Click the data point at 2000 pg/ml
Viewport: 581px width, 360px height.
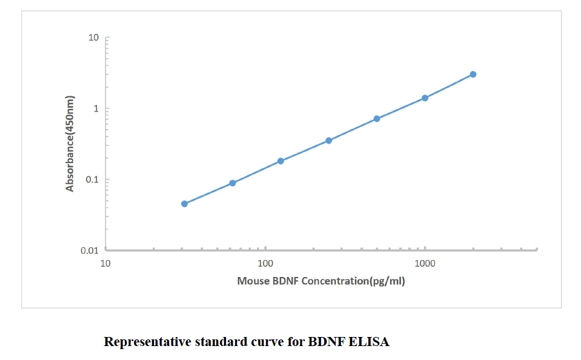[x=473, y=75]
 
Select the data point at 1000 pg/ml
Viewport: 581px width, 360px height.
[x=425, y=98]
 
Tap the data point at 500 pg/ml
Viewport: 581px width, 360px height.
[x=377, y=119]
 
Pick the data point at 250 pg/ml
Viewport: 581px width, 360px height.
[x=328, y=141]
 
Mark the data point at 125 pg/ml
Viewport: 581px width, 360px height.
[x=281, y=161]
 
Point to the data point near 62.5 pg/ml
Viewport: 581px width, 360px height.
[x=233, y=183]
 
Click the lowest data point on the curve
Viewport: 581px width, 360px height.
[x=184, y=204]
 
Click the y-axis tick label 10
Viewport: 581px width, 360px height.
[x=93, y=38]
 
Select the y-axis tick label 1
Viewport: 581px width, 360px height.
[x=96, y=109]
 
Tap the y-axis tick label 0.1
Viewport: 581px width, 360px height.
[x=91, y=180]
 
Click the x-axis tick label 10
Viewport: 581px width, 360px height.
[x=105, y=264]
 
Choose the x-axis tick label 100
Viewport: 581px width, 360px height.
[x=265, y=264]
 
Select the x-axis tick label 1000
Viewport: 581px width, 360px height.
[x=425, y=264]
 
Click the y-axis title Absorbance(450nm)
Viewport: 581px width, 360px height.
[x=70, y=144]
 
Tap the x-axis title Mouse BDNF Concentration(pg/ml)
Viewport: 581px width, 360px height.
[x=321, y=281]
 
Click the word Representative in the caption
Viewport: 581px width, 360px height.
[x=147, y=342]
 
